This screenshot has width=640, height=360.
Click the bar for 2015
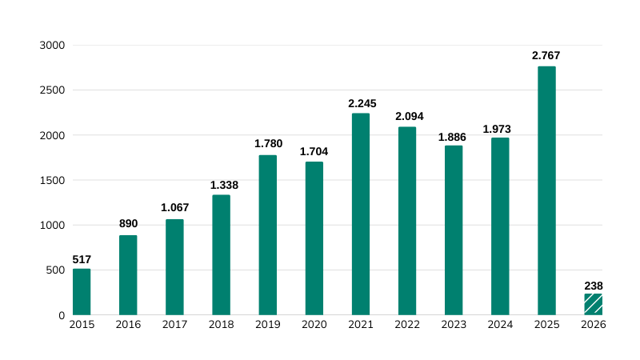point(82,292)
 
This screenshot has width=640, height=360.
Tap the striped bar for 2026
point(593,304)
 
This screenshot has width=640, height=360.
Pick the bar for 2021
point(361,214)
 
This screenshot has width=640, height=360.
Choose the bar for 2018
point(221,254)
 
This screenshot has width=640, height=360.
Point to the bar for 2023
point(454,230)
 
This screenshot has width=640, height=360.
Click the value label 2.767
point(546,56)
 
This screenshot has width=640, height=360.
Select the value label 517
point(82,259)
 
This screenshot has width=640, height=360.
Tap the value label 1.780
point(267,144)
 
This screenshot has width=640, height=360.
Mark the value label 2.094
point(407,117)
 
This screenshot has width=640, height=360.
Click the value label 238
point(593,285)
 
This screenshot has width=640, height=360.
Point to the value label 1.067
point(174,208)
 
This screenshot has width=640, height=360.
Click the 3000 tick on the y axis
point(51,46)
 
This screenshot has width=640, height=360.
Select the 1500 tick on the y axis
point(51,180)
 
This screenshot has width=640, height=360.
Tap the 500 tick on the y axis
point(54,270)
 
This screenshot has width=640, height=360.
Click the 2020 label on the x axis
point(314,325)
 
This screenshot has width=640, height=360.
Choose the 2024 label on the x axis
point(500,325)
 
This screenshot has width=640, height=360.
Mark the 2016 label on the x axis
point(128,325)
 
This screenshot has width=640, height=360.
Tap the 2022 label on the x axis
point(407,325)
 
